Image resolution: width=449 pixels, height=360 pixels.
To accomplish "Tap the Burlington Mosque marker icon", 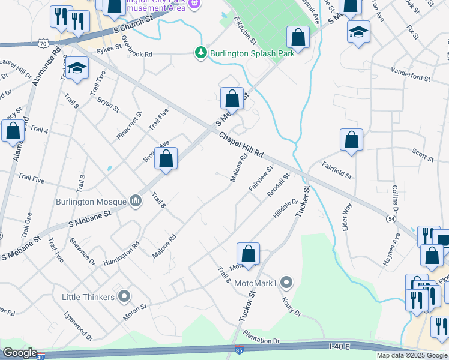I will click(136, 200).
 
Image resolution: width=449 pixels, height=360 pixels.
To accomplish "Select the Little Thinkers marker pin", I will click(124, 296).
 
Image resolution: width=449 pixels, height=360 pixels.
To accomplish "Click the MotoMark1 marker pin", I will click(286, 283).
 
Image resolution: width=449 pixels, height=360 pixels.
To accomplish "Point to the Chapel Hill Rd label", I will click(241, 145).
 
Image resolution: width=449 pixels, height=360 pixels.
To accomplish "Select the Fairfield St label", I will click(336, 170).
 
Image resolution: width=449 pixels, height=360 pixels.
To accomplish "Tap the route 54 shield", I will click(390, 219).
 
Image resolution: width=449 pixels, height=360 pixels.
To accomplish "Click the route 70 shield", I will click(42, 43).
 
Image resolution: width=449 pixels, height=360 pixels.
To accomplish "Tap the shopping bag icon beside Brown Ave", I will click(166, 160).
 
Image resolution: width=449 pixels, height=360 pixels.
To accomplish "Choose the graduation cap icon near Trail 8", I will click(77, 70).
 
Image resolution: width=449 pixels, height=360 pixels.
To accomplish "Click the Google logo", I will click(20, 353).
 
